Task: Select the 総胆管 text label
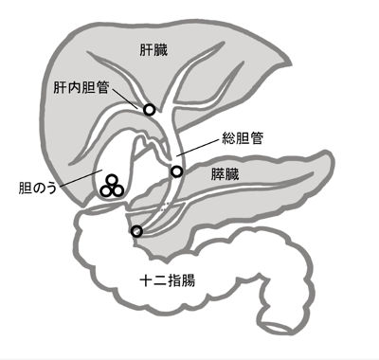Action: coord(243,136)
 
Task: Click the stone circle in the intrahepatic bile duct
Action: coord(149,110)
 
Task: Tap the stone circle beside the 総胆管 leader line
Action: coord(176,171)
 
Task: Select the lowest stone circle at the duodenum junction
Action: coord(136,231)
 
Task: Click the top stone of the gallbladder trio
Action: coord(112,179)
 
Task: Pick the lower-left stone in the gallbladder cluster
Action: coord(106,189)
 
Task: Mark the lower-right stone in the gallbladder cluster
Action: coord(117,189)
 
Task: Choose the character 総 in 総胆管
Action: coord(227,136)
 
